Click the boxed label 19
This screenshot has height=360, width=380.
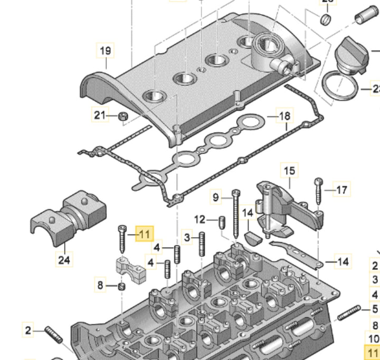tap(105, 51)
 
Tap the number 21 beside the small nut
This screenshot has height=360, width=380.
tap(100, 114)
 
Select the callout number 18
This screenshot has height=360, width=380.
tap(284, 115)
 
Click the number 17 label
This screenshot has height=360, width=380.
tap(342, 189)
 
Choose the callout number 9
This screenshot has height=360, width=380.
tap(215, 197)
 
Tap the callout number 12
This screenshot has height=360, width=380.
tap(199, 219)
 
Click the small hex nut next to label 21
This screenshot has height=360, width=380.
tap(121, 115)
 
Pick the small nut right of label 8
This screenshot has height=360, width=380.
tap(121, 286)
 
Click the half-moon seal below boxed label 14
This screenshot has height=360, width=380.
tap(251, 236)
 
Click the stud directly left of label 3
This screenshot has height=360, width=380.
tap(202, 244)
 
